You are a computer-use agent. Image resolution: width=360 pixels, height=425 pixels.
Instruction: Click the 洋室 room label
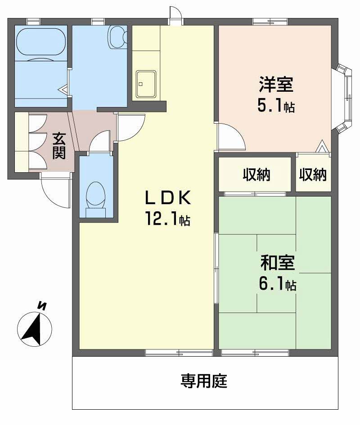pyautogui.click(x=276, y=85)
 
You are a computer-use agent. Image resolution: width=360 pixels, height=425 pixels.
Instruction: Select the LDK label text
pyautogui.click(x=168, y=197)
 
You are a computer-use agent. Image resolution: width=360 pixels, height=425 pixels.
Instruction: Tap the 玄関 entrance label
pyautogui.click(x=58, y=145)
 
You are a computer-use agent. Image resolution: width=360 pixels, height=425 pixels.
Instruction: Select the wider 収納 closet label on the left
pyautogui.click(x=256, y=175)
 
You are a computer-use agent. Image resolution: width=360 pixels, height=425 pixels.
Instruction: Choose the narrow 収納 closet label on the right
pyautogui.click(x=313, y=175)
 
